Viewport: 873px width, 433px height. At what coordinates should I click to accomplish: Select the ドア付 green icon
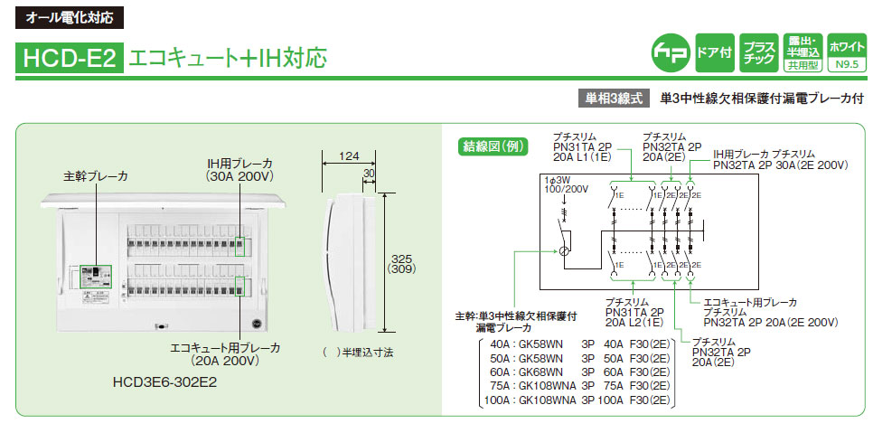pyautogui.click(x=712, y=52)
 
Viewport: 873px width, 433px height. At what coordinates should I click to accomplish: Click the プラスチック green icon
pyautogui.click(x=757, y=52)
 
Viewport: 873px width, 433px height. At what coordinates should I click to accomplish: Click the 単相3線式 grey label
pyautogui.click(x=611, y=97)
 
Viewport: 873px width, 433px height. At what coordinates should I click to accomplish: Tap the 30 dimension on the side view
pyautogui.click(x=369, y=173)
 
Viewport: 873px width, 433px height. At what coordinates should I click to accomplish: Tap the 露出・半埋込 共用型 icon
pyautogui.click(x=802, y=52)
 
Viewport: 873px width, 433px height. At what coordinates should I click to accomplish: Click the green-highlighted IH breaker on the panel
pyautogui.click(x=240, y=246)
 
